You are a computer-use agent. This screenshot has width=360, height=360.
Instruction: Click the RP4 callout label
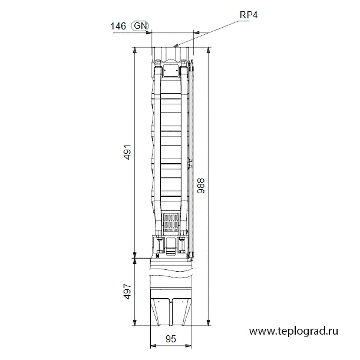pos(249,15)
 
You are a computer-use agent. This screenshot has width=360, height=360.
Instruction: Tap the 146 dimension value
pos(118,26)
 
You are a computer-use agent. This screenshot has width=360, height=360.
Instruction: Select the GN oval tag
pos(140,26)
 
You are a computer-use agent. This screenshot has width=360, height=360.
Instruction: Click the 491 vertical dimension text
pos(127,152)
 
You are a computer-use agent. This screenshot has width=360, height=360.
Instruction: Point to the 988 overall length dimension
pos(201,186)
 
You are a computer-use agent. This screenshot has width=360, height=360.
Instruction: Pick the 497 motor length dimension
pos(127,292)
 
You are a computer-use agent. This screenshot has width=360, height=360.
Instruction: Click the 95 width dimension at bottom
pos(171,339)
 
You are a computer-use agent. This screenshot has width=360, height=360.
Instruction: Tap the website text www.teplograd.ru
pos(293,331)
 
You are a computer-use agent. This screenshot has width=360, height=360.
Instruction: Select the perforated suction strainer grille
pos(171,223)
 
